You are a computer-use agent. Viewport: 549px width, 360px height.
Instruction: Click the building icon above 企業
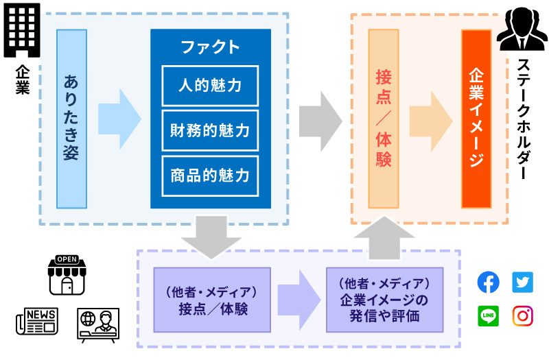tap(21, 31)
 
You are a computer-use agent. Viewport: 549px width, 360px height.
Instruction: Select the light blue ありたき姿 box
tap(71, 118)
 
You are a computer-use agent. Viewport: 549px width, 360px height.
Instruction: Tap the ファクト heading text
tap(210, 47)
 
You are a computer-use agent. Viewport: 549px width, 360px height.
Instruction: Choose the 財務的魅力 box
tap(210, 130)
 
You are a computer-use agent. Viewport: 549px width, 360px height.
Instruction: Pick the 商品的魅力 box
tap(210, 175)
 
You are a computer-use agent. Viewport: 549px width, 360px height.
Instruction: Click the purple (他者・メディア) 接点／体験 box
tap(213, 299)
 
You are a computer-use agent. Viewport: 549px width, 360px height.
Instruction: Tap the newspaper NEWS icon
tap(36, 321)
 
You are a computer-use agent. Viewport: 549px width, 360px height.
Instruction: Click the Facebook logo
tap(488, 282)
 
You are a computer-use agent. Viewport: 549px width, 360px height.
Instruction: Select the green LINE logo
tap(488, 315)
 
